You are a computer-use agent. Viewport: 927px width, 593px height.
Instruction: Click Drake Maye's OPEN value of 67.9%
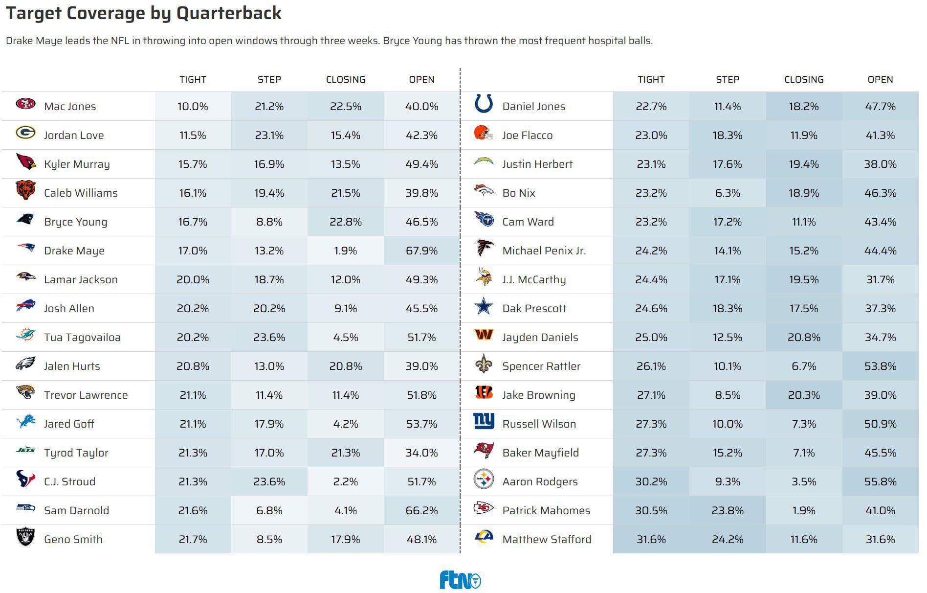[x=421, y=251]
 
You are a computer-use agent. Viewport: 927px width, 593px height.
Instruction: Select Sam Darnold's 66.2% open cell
[x=421, y=511]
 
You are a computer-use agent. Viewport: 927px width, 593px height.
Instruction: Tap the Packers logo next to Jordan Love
[x=25, y=133]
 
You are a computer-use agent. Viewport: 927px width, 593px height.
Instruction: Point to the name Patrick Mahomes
[x=546, y=511]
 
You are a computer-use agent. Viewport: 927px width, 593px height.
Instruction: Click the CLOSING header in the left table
[x=346, y=80]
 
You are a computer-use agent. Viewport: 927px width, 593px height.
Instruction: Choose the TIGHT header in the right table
[x=651, y=80]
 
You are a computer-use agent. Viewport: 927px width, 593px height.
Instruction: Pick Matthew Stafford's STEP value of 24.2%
[x=728, y=540]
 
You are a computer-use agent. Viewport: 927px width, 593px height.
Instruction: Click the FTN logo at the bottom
[x=460, y=580]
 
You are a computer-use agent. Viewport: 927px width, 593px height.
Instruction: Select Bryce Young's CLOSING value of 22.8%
[x=346, y=222]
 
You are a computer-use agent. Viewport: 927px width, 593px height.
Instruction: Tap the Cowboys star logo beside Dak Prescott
[x=484, y=306]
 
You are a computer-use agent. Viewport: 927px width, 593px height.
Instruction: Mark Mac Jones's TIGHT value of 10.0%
[x=193, y=107]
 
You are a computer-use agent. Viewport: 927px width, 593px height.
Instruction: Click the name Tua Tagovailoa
[x=82, y=338]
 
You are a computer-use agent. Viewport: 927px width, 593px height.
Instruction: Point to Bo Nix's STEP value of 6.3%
[x=728, y=193]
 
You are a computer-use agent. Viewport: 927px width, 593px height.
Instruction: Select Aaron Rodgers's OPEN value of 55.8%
[x=880, y=482]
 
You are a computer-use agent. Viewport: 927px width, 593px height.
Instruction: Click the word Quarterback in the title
[x=229, y=13]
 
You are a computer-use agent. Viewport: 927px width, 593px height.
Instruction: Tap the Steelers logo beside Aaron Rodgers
[x=484, y=479]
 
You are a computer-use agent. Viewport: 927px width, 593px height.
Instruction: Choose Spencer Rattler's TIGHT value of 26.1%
[x=651, y=366]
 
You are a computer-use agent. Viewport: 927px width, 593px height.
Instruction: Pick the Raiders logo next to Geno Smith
[x=25, y=537]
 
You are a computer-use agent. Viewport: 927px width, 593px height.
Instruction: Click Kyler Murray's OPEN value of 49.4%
[x=421, y=164]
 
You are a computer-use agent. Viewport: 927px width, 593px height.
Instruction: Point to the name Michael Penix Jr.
[x=544, y=251]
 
